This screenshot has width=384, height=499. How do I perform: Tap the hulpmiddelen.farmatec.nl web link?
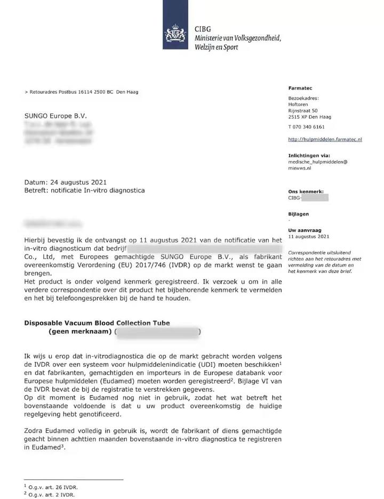(x=325, y=139)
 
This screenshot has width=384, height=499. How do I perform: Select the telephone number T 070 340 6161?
(x=306, y=127)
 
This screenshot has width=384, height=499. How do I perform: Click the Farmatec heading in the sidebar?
(x=300, y=88)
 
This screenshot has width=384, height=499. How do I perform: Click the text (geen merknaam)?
(x=80, y=332)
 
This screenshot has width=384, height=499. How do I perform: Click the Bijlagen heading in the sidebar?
(x=298, y=214)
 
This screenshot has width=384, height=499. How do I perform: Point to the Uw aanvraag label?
(x=303, y=230)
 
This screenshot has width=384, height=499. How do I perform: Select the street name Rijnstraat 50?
(x=302, y=110)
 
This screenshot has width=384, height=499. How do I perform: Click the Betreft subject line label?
(x=37, y=190)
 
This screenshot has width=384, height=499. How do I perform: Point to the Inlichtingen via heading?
(x=308, y=156)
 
